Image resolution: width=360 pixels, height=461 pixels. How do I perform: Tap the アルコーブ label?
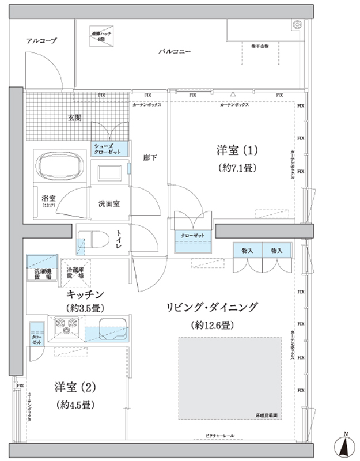[41, 40]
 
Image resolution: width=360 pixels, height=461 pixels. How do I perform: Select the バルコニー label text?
[175, 51]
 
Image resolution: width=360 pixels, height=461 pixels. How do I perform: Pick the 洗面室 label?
[108, 203]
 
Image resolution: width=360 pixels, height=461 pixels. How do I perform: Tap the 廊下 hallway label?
[150, 157]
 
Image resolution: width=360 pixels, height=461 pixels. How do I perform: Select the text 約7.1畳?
[237, 168]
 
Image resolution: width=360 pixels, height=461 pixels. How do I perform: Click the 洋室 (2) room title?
[74, 386]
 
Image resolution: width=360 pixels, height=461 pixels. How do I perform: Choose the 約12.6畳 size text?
[212, 325]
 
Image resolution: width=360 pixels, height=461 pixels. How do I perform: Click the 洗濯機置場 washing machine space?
[40, 268]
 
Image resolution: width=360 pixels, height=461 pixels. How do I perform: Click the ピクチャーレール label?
[219, 435]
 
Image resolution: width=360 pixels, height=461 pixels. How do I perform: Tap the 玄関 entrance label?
[74, 118]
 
